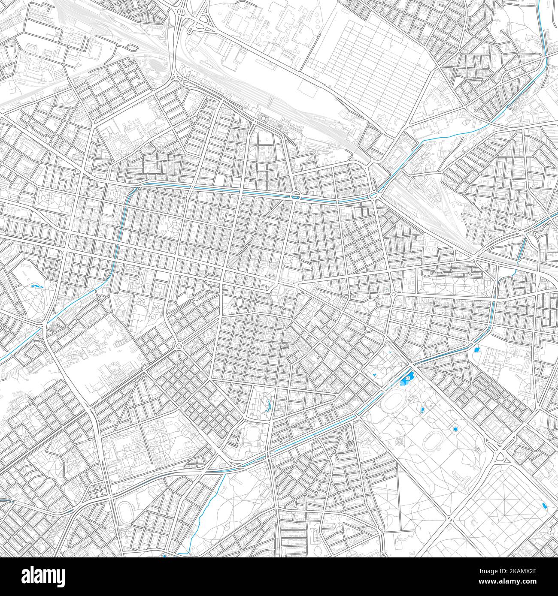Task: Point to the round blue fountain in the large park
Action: coord(455,429)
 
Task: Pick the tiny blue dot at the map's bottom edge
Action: coord(164,556)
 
